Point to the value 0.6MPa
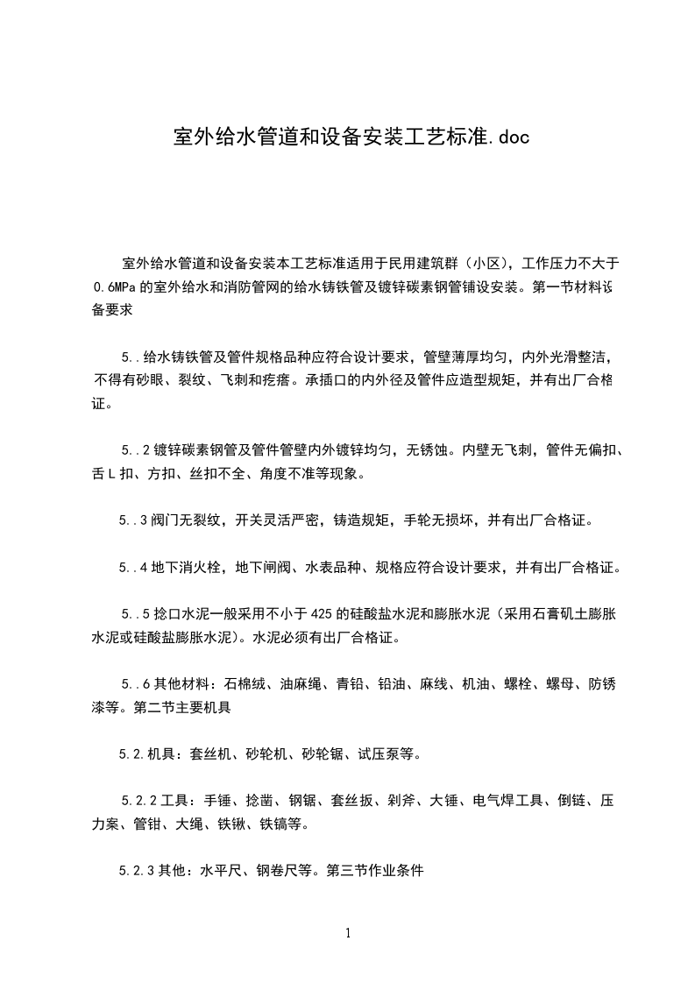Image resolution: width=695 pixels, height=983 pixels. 114,286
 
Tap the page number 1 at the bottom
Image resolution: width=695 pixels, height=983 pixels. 348,933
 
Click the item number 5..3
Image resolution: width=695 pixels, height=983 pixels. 132,520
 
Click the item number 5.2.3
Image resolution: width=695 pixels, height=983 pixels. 136,872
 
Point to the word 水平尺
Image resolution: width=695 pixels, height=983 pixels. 221,872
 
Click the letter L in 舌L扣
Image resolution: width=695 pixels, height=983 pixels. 123,474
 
